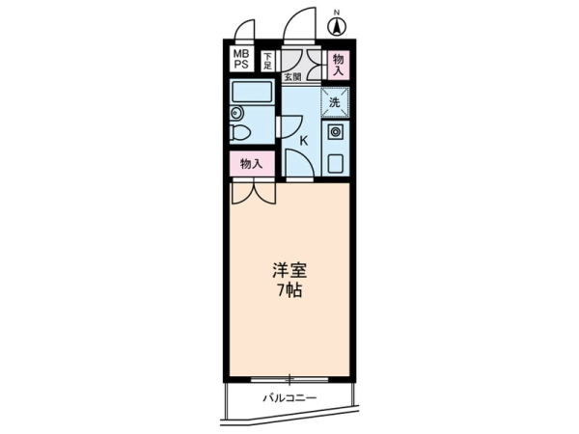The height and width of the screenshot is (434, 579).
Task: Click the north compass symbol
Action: [x=337, y=27]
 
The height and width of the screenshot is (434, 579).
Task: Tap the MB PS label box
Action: [x=241, y=59]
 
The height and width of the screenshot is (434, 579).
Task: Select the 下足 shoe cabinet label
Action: [x=267, y=62]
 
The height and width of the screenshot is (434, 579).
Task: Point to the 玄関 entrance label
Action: [x=292, y=77]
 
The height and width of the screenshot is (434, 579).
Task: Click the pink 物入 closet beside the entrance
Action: [x=339, y=65]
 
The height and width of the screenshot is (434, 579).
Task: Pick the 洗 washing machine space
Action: [x=335, y=102]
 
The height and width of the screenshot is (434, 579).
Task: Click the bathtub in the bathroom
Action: [x=252, y=93]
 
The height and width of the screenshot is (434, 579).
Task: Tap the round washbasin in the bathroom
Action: [x=235, y=113]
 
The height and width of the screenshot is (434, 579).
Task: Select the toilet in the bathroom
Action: [x=239, y=132]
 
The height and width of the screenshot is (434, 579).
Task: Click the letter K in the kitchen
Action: [x=304, y=141]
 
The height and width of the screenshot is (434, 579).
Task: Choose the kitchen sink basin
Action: [x=335, y=163]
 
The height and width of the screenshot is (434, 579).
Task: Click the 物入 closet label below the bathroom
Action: [x=252, y=164]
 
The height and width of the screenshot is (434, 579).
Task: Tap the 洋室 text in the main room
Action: [x=289, y=270]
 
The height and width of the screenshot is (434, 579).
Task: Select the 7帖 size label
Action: [x=289, y=290]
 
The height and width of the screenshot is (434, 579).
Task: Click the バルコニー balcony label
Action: [x=289, y=398]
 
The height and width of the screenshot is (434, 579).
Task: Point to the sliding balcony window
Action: [x=289, y=379]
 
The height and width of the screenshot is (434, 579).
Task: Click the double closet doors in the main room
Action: [x=254, y=193]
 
